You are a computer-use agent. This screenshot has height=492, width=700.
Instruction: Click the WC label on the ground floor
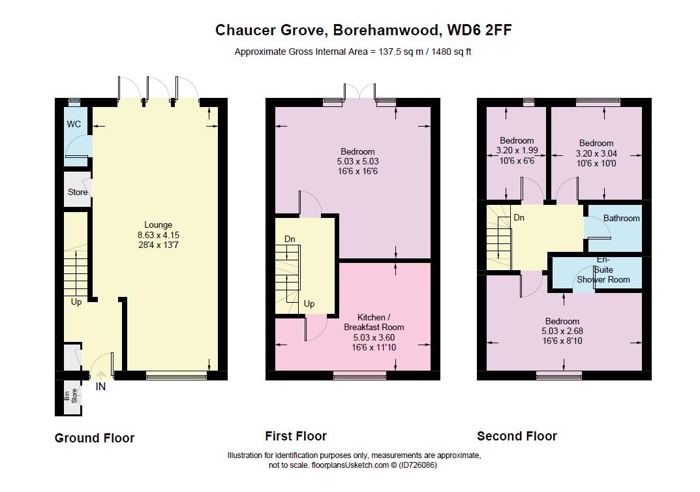point(73,124)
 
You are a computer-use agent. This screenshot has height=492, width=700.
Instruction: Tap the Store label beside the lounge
point(78,192)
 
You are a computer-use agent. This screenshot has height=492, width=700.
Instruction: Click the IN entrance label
point(100,386)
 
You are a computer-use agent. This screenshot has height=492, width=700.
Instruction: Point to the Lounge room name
point(159,225)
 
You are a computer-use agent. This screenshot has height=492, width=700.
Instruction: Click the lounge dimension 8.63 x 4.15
point(159,235)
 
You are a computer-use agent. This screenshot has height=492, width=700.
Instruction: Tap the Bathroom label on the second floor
point(621,219)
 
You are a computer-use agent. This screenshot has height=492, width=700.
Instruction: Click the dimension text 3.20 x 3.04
point(596,153)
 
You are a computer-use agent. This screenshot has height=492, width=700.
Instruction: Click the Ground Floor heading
point(95,438)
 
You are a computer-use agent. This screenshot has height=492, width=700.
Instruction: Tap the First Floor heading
point(296,437)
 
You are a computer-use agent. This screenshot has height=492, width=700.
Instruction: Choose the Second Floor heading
point(517,437)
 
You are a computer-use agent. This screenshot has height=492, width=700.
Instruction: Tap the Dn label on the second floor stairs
point(519,218)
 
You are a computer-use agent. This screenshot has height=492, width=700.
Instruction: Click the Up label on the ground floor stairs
point(76,302)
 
